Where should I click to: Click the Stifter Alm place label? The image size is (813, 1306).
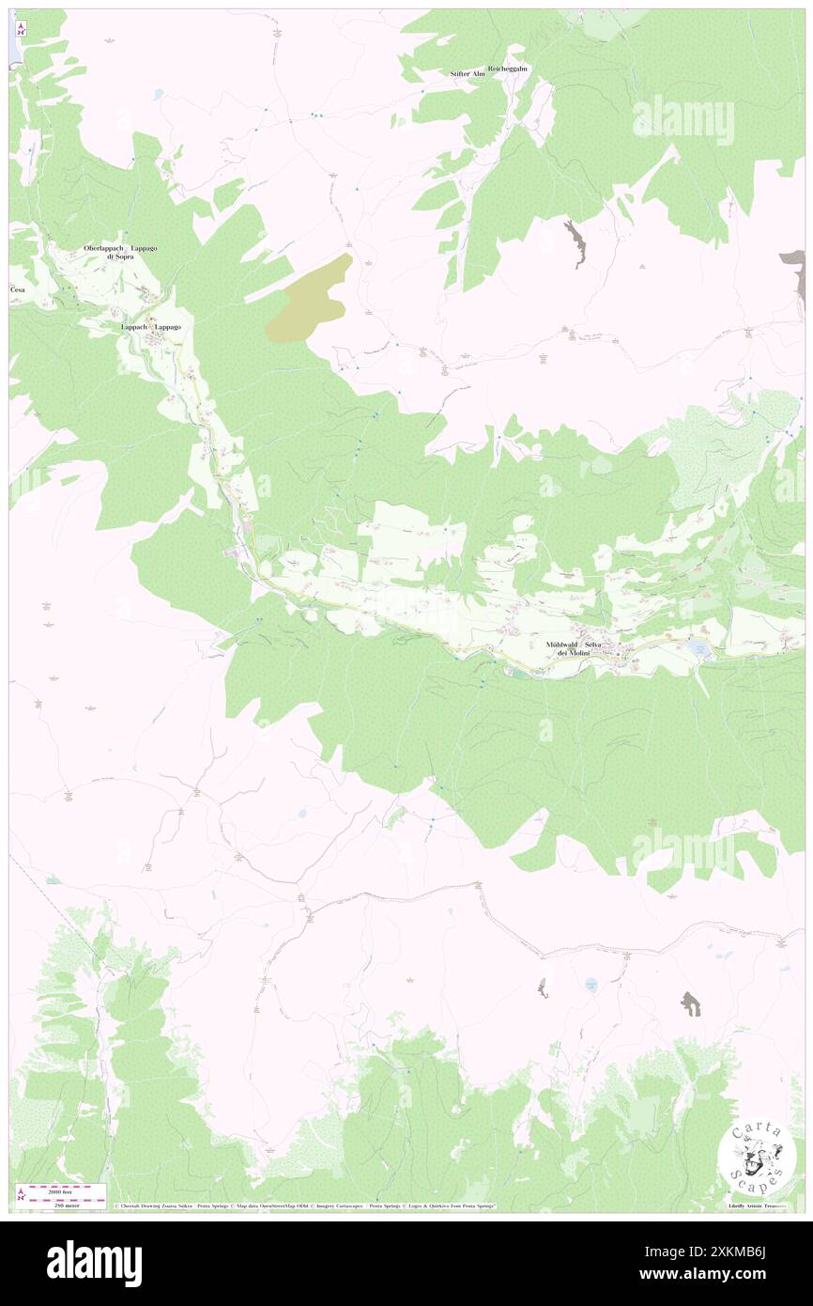467,73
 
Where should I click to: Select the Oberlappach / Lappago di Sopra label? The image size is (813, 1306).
121,252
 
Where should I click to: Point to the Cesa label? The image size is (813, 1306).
18,289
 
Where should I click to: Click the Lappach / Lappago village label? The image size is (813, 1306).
150,326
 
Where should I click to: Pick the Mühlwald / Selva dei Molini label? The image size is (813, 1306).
576,648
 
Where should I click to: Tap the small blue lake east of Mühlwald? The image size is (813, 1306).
698,647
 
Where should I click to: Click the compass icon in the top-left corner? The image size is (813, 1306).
22,29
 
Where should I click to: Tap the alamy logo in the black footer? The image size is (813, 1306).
94,1263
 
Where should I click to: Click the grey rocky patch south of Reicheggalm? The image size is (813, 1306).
575,241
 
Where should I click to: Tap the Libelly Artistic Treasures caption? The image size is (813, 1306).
760,1205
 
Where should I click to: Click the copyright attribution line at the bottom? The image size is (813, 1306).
305,1206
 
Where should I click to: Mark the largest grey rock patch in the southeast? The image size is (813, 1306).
691,1004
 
